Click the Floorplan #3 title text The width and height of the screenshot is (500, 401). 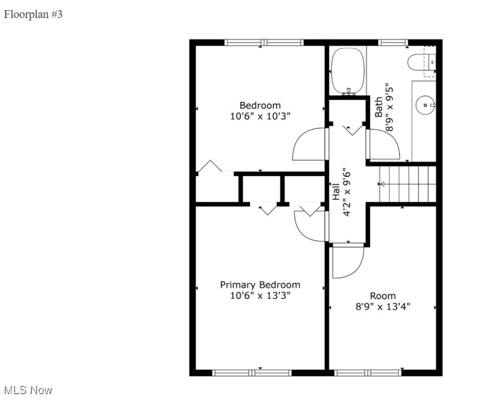tap(33, 15)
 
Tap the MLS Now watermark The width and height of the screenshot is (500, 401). tap(28, 390)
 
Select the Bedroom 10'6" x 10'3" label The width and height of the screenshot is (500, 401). tap(260, 111)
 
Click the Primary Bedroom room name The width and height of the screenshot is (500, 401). tap(260, 285)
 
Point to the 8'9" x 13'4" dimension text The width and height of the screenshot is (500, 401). tap(383, 306)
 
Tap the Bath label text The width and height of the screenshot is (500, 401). tap(379, 107)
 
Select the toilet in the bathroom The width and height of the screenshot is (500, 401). tap(421, 63)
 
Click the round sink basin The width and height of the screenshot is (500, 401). tap(425, 105)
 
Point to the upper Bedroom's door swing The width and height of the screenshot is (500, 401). tap(309, 145)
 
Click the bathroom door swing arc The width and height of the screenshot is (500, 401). tap(384, 145)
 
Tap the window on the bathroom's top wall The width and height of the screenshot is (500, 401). tap(393, 42)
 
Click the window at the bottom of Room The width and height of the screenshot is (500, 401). tap(368, 373)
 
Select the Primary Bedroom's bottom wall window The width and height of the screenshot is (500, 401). tap(252, 373)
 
